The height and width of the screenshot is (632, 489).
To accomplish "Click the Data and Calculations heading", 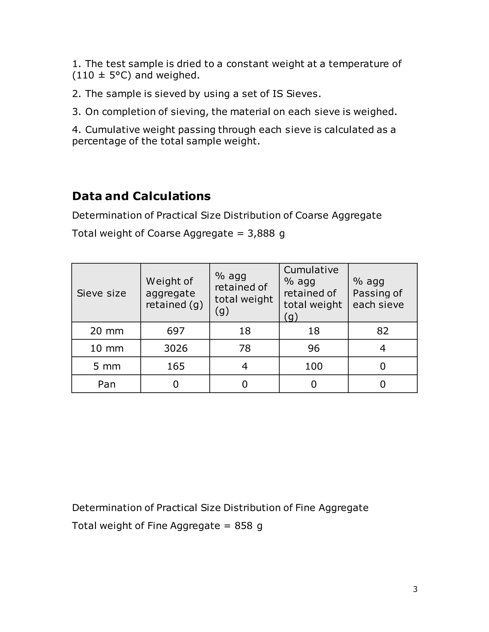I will tap(141, 196).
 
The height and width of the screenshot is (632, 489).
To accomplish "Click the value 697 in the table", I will tap(175, 331).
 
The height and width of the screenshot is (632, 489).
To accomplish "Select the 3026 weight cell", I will tap(175, 348).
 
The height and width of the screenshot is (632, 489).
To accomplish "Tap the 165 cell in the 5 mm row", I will tap(175, 366).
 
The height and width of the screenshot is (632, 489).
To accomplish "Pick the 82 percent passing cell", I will tap(383, 331).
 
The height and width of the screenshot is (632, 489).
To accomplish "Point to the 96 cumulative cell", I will tap(314, 348).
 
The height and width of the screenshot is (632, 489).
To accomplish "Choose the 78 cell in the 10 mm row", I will tap(244, 348).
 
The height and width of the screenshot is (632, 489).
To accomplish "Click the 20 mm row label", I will tap(106, 331).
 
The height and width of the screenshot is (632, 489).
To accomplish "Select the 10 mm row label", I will tap(106, 348).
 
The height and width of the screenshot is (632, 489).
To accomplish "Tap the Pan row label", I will tap(106, 384).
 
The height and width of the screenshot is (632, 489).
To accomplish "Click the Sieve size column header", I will tap(101, 293).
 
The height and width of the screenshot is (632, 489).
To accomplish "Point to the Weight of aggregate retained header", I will tap(174, 293).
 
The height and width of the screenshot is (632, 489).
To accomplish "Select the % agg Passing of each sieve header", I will tap(378, 293).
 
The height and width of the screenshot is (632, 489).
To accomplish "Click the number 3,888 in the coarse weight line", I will tap(261, 233).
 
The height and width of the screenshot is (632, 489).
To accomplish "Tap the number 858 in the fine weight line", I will tap(243, 525).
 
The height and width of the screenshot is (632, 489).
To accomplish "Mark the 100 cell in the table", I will tap(314, 366).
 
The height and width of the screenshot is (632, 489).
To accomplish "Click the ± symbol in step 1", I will tap(101, 75).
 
